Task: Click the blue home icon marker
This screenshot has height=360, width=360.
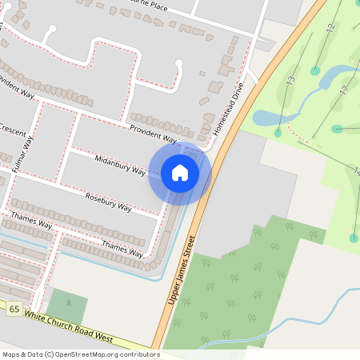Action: [179, 173]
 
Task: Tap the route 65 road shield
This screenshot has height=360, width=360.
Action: [14, 309]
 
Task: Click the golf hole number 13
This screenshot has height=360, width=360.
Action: [290, 82]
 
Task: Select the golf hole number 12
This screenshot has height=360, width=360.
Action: [330, 28]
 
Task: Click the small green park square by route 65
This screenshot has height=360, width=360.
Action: [67, 306]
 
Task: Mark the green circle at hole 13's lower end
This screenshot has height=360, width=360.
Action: [278, 133]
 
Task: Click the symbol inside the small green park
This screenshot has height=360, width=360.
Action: [68, 304]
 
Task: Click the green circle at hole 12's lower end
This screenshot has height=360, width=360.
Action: [315, 70]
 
